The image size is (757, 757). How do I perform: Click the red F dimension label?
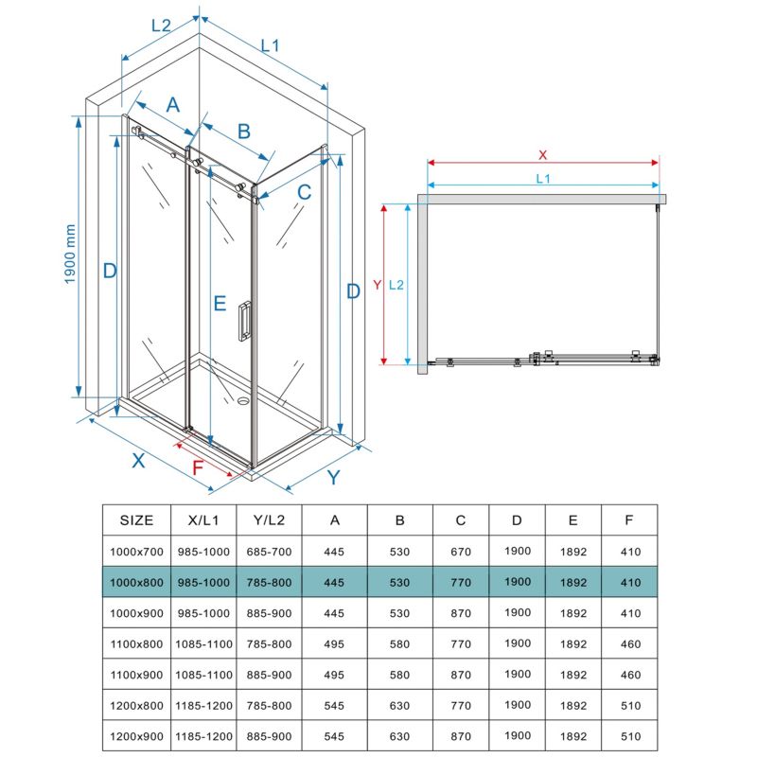(198, 467)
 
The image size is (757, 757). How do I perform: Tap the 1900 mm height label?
(70, 254)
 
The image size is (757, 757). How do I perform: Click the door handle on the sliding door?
(244, 321)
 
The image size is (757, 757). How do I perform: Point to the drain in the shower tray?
(242, 400)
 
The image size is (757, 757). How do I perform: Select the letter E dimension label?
(220, 303)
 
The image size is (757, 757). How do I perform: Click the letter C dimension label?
(304, 192)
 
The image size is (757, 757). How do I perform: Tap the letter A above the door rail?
(173, 105)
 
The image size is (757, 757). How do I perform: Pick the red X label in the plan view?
(542, 155)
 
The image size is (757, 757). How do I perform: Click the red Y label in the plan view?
(377, 285)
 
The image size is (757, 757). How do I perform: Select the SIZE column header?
(136, 519)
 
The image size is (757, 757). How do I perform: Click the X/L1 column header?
(203, 519)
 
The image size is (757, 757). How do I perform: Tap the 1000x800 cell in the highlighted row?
(136, 582)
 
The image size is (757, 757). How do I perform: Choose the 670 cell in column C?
(461, 552)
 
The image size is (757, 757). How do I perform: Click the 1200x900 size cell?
(136, 736)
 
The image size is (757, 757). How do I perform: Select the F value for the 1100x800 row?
(630, 644)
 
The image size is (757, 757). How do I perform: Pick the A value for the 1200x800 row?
(334, 705)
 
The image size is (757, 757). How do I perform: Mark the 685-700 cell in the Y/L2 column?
(269, 552)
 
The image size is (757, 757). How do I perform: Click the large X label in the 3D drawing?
(138, 461)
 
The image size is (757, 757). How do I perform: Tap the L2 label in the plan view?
(396, 285)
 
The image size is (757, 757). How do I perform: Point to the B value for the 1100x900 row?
(399, 675)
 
